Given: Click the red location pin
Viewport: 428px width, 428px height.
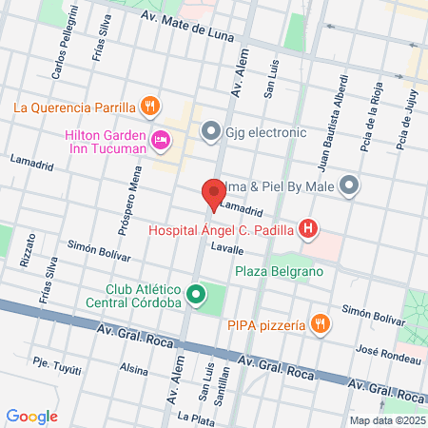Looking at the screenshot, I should (x=215, y=192).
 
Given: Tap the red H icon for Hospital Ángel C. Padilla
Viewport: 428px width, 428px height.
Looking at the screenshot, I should (x=308, y=228).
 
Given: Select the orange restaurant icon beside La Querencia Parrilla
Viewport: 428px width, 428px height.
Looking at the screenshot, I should (x=148, y=106).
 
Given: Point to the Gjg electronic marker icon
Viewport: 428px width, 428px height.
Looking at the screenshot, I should (x=210, y=130).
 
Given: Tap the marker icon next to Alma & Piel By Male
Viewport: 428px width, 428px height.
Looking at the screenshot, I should (x=351, y=186).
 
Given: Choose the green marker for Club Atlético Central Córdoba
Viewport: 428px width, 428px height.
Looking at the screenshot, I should (x=196, y=294).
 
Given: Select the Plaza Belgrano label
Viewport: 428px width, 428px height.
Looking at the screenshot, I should (x=280, y=271).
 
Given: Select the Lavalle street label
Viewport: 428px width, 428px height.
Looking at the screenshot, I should (x=227, y=249).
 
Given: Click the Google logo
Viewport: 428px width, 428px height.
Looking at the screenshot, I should (x=32, y=416).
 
